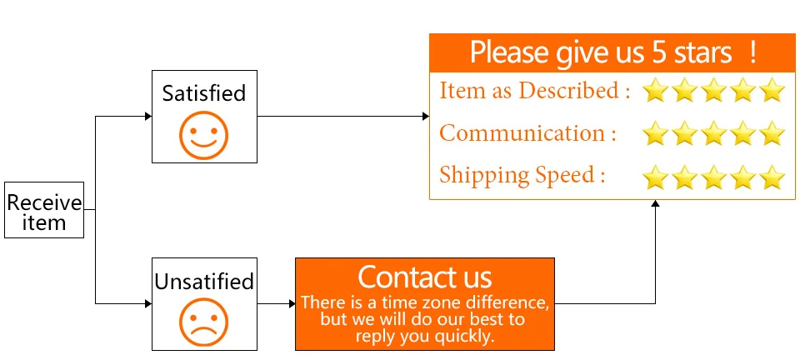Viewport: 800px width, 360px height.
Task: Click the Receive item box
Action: (44, 210)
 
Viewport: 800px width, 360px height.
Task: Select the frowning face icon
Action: (203, 322)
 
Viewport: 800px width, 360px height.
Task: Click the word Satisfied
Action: (204, 92)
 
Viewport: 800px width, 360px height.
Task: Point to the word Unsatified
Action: (204, 282)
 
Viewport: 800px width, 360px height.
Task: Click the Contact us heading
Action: (425, 277)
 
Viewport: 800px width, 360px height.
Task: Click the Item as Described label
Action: (534, 90)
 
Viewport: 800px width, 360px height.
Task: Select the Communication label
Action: (527, 132)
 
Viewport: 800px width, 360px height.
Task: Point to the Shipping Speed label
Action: (522, 175)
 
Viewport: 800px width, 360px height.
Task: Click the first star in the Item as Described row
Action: (656, 90)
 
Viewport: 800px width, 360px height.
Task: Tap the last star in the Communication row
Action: (772, 132)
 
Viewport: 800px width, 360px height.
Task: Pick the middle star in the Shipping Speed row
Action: (714, 176)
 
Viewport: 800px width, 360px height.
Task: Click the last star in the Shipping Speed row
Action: (772, 176)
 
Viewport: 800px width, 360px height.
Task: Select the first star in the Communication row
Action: (656, 132)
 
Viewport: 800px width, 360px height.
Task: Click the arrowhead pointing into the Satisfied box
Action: (147, 117)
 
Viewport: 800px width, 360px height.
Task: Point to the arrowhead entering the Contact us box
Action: (292, 303)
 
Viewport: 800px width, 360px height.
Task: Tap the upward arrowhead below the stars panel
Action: (655, 204)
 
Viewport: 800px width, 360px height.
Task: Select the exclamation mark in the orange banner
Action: (752, 52)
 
